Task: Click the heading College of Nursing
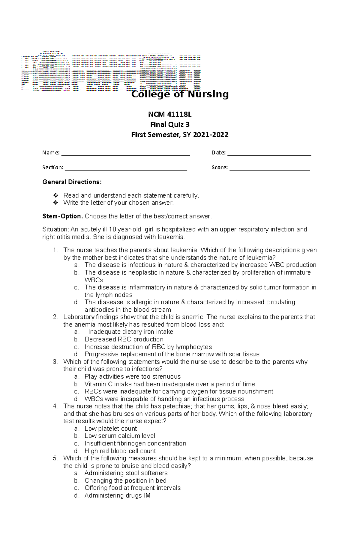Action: (x=180, y=94)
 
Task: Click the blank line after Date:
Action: (x=269, y=153)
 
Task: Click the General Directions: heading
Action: (x=72, y=182)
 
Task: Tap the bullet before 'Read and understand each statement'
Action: (x=55, y=195)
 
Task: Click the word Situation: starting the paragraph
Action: (x=55, y=229)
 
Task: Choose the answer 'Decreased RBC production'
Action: (x=124, y=339)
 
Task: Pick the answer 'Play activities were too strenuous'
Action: (x=132, y=376)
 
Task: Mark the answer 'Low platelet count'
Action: (x=111, y=429)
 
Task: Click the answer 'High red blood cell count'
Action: (x=120, y=451)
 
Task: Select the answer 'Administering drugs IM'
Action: (x=117, y=495)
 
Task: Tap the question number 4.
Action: (x=55, y=406)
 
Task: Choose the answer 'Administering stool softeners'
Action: (x=126, y=473)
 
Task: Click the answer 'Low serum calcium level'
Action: (x=120, y=436)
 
